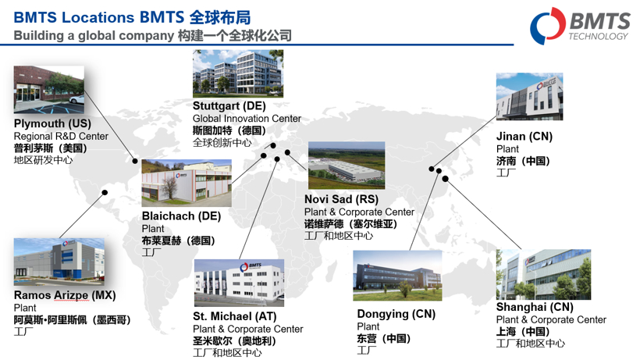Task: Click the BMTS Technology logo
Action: pos(581,26)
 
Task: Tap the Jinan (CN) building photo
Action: pos(529,97)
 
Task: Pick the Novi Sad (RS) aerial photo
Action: pos(346,165)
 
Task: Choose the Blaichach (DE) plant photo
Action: pos(186,184)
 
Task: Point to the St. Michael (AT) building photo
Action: pos(239,283)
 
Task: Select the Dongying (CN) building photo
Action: pos(397,276)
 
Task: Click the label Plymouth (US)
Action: pos(52,124)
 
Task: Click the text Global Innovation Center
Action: pos(247,119)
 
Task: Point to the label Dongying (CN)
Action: pos(396,314)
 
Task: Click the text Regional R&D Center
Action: pos(61,137)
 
